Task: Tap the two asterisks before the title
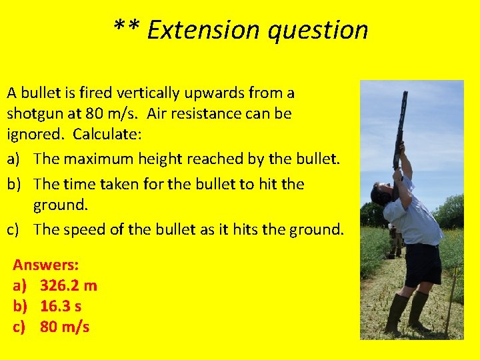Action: [x=126, y=28]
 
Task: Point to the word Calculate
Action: [x=107, y=133]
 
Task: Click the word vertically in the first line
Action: [x=149, y=92]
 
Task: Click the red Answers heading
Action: [x=45, y=265]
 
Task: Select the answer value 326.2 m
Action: [x=68, y=285]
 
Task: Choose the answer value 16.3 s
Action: [x=61, y=306]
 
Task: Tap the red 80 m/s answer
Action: [x=64, y=327]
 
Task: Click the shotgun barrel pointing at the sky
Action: [x=402, y=120]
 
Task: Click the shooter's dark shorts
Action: [x=422, y=263]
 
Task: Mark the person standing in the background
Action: [x=394, y=240]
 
